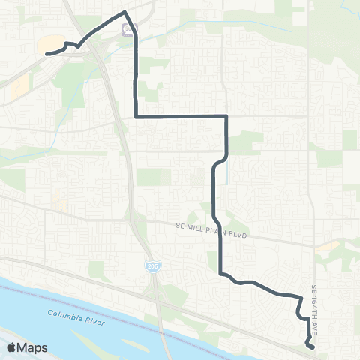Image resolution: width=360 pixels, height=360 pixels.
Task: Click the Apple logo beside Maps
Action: [12, 347]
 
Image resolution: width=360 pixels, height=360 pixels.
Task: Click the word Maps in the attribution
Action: [33, 347]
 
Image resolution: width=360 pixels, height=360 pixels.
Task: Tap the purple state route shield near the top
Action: [128, 30]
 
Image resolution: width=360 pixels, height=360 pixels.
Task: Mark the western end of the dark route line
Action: [47, 53]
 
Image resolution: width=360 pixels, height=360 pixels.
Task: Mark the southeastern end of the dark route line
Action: [311, 346]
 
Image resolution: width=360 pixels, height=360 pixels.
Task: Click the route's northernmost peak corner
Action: [124, 12]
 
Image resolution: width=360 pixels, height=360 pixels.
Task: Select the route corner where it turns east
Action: [135, 116]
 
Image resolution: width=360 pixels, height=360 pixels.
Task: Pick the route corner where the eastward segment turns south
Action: [226, 116]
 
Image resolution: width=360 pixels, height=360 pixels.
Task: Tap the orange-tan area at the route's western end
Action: [48, 45]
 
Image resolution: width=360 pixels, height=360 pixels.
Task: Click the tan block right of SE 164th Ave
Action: [327, 245]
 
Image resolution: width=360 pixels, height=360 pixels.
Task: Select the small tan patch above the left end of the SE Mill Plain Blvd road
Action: [57, 200]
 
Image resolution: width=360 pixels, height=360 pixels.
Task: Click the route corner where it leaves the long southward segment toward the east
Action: [220, 274]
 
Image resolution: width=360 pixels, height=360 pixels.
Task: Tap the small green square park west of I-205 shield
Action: [95, 268]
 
